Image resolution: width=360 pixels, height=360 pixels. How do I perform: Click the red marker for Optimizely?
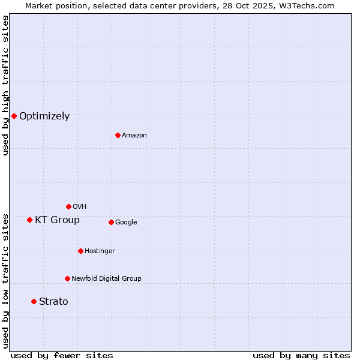point(14,116)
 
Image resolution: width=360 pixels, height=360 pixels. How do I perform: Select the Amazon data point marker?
point(118,135)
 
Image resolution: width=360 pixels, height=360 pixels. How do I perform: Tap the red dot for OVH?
point(68,206)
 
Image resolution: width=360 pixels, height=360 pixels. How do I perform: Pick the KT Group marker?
point(29,220)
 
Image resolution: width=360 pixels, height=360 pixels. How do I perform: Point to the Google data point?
point(111,222)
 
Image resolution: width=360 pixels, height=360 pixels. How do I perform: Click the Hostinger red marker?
point(80,251)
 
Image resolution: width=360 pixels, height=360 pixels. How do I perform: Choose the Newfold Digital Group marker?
point(67,278)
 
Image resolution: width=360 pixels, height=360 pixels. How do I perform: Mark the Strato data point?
point(34,301)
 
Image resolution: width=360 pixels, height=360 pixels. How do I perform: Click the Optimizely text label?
point(44,116)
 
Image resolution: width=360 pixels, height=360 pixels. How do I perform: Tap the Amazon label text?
point(134,135)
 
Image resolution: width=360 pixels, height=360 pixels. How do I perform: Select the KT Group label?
point(57,220)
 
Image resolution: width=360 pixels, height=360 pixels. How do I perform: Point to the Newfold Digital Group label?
point(106,278)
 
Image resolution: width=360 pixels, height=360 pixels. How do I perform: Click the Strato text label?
point(53,302)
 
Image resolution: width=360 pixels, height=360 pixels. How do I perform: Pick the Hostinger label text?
point(100,251)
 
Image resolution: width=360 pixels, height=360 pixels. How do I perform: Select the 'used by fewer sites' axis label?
point(62,355)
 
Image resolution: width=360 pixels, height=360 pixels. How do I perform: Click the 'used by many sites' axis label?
point(301,355)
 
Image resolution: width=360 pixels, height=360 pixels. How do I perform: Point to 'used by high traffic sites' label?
point(5,85)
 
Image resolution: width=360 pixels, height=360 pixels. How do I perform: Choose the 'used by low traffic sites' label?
point(5,280)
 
